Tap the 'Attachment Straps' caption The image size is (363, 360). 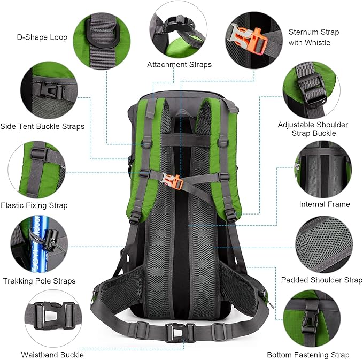(x=179, y=64)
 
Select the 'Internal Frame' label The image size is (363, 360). (x=325, y=204)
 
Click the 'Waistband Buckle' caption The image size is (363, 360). (x=52, y=354)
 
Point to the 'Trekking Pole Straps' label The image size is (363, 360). (x=39, y=281)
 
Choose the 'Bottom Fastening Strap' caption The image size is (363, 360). (x=308, y=355)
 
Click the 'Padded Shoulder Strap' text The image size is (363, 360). (x=322, y=280)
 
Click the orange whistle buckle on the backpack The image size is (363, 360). (x=175, y=182)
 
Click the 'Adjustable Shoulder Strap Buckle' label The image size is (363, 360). (x=313, y=129)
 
